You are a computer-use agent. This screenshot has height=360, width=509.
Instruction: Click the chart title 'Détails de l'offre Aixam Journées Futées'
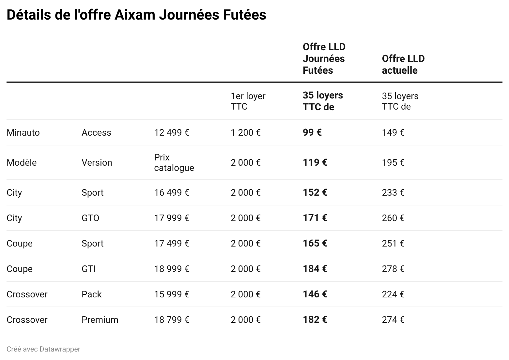point(136,15)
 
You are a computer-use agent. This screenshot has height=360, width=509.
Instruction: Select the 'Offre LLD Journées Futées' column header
point(324,59)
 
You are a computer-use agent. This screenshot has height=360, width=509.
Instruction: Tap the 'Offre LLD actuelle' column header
point(403,65)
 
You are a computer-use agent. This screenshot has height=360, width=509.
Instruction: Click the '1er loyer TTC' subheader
point(248,101)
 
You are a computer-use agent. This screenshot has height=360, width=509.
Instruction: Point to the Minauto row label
point(23,133)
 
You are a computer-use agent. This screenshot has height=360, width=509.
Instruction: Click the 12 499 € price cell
point(172,133)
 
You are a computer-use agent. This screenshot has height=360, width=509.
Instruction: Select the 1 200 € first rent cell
point(245,133)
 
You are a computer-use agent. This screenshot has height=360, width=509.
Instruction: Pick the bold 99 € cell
point(312,132)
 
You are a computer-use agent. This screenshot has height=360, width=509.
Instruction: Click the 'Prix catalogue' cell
point(174,163)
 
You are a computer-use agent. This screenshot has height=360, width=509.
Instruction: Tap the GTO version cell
point(90,218)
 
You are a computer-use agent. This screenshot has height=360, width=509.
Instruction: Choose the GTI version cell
point(88,269)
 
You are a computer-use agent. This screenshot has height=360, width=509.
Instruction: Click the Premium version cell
point(100,320)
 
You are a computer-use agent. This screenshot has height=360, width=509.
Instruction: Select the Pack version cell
point(91,294)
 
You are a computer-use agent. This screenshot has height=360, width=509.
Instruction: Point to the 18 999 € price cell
point(172,269)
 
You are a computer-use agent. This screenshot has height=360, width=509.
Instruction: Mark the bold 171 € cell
point(315,218)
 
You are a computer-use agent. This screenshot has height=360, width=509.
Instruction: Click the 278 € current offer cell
point(393,269)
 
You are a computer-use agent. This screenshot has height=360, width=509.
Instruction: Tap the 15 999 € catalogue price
point(172,294)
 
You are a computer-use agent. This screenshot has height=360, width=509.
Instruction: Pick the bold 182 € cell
point(315,320)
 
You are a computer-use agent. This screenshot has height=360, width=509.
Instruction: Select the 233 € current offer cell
point(393,193)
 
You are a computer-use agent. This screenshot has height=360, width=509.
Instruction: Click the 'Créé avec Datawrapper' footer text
point(43,349)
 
